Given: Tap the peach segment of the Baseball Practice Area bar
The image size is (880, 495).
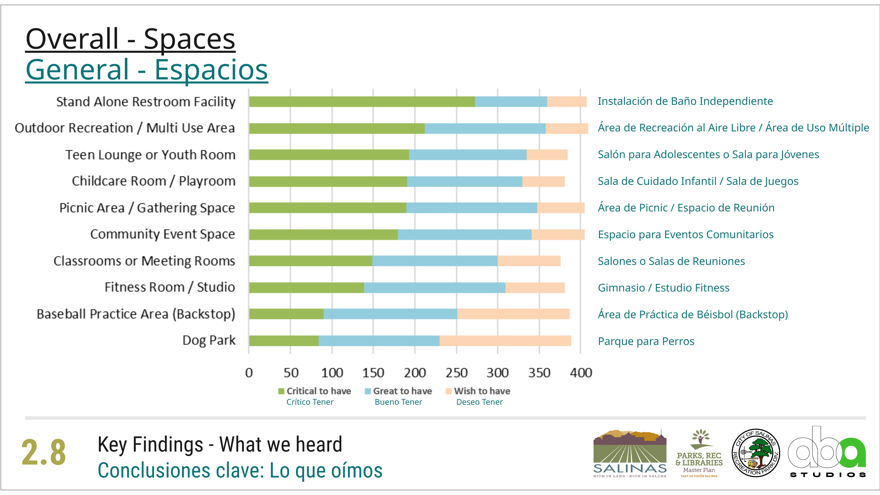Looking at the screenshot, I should [x=513, y=314].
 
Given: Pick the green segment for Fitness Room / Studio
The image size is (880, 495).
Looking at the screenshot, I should [x=306, y=288].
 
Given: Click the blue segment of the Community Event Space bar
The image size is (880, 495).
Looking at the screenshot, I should [x=465, y=235].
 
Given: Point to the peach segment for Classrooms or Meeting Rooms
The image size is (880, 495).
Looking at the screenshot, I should [x=529, y=261].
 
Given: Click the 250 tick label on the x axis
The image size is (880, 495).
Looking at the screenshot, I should [x=456, y=373].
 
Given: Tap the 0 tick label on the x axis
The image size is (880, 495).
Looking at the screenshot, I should [x=249, y=373].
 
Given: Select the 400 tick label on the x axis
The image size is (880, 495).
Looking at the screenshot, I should [x=581, y=373].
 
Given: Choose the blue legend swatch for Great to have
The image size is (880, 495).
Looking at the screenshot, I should [x=368, y=391].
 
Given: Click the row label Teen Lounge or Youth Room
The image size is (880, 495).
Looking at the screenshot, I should [x=150, y=155].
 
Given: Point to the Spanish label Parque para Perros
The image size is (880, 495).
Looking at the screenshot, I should [x=646, y=341].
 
